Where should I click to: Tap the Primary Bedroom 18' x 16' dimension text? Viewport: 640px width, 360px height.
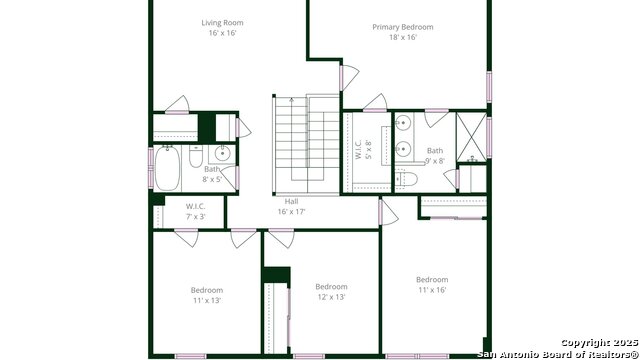[x=402, y=37]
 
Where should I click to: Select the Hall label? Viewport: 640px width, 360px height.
[x=291, y=201]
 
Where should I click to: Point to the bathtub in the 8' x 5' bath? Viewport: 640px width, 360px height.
[x=167, y=168]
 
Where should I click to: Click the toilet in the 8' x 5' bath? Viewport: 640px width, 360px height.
[x=196, y=156]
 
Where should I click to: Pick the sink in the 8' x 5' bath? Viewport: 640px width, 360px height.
[x=222, y=154]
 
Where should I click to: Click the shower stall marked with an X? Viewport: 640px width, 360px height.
[x=471, y=137]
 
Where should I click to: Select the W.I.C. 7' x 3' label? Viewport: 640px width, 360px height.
[x=196, y=211]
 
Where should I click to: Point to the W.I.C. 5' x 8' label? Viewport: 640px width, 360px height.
[x=363, y=150]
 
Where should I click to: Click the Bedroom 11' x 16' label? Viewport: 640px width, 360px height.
[x=432, y=284]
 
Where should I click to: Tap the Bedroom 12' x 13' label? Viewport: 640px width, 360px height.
[x=331, y=291]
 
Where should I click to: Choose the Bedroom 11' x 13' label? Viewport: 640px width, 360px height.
[x=207, y=295]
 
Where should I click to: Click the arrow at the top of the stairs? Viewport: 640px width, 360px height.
[x=291, y=100]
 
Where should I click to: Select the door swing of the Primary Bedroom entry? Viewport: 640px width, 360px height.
[x=350, y=78]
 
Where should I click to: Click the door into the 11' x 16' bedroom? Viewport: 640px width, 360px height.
[x=389, y=212]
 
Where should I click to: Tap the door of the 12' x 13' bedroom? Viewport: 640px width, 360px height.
[x=281, y=238]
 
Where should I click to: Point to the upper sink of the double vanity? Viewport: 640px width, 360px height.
[x=403, y=122]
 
